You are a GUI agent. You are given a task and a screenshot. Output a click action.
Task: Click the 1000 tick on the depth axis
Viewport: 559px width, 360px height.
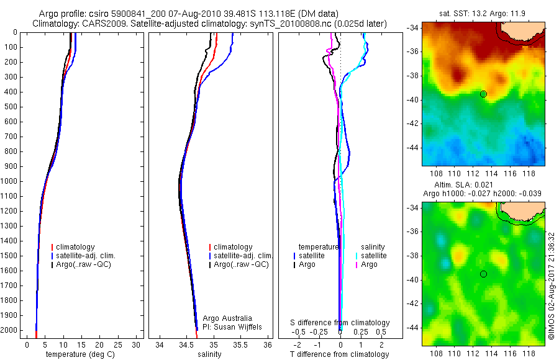(9, 181)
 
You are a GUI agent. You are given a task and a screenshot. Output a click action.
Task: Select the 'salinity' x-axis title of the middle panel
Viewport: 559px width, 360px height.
(209, 354)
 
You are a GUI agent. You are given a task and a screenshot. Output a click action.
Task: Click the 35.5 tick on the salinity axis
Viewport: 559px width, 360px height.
(241, 344)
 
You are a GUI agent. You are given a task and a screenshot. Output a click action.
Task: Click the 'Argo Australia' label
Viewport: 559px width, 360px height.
(227, 318)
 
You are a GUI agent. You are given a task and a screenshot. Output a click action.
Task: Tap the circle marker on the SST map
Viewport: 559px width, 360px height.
(483, 94)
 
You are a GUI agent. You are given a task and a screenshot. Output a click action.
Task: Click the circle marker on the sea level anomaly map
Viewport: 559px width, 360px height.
(483, 274)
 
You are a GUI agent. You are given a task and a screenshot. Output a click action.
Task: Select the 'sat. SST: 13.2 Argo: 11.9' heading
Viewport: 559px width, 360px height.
(481, 12)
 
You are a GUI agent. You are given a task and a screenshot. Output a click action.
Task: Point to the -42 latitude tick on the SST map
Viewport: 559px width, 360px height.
(412, 124)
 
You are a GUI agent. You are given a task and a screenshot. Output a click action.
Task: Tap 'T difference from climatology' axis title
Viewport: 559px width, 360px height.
(340, 354)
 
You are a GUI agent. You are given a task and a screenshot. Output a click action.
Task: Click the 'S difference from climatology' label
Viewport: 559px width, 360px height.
(340, 323)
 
